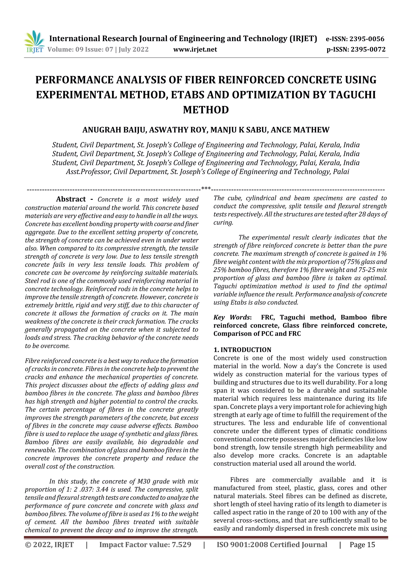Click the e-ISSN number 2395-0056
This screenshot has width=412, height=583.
click(x=367, y=39)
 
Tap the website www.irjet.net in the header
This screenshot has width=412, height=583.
click(x=195, y=50)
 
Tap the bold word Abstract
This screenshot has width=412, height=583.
click(x=71, y=199)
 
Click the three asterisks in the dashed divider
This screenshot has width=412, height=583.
click(x=206, y=188)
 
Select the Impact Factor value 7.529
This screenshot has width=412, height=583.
click(x=181, y=545)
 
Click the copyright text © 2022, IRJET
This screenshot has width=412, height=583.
click(x=49, y=545)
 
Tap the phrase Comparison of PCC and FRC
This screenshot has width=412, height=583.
click(x=257, y=334)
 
